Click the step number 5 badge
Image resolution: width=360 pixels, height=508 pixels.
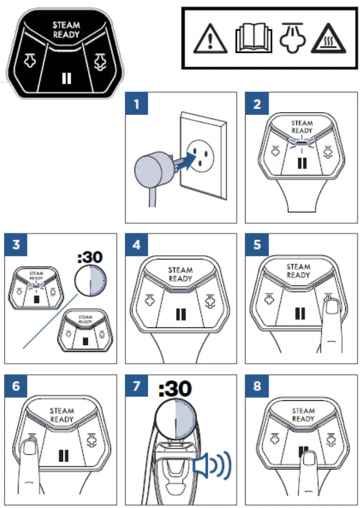pyautogui.click(x=257, y=244)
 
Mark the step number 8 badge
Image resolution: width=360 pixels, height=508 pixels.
pyautogui.click(x=257, y=386)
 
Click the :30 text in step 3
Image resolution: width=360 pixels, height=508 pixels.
pyautogui.click(x=90, y=257)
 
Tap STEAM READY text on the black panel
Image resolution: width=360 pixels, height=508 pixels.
pyautogui.click(x=66, y=29)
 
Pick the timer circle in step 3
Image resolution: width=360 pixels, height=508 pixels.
pyautogui.click(x=90, y=283)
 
